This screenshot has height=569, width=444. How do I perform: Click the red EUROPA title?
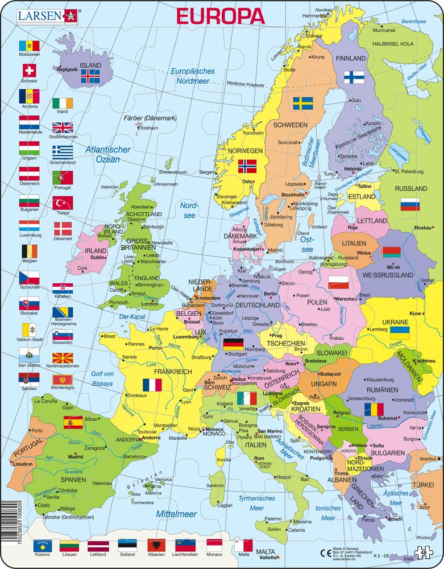221,15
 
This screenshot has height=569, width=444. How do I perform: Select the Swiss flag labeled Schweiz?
29,71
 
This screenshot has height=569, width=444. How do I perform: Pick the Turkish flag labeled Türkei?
63,203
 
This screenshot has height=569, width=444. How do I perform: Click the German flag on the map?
233,344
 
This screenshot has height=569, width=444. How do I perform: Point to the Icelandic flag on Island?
91,78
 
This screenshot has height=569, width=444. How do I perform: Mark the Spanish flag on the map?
73,422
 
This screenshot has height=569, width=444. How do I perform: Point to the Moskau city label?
422,228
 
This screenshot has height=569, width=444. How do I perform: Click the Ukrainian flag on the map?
400,332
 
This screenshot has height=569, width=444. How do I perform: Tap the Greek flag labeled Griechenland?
63,151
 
